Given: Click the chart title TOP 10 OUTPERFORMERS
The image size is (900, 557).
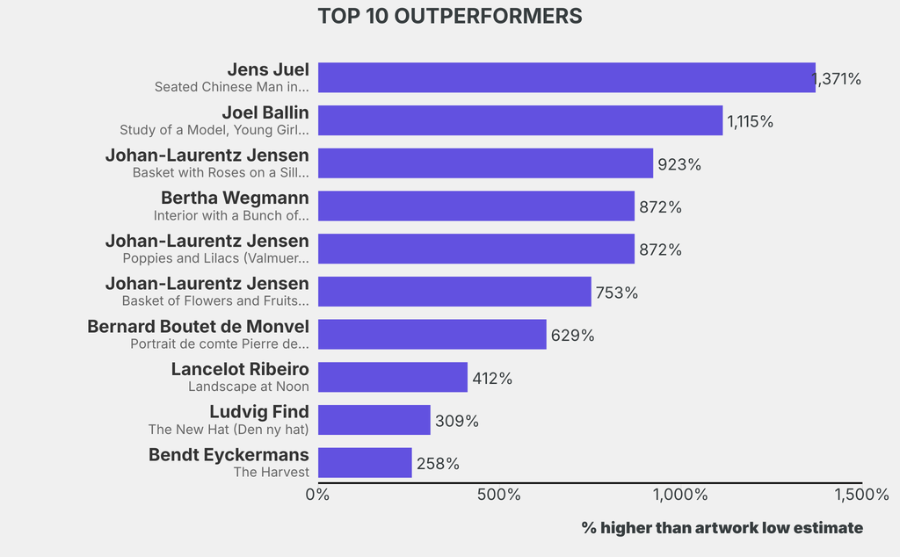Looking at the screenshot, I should [449, 17].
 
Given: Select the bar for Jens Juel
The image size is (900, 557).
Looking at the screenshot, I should [566, 77].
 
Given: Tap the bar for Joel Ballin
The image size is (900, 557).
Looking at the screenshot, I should [519, 120].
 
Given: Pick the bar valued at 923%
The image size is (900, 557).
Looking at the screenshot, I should [485, 163].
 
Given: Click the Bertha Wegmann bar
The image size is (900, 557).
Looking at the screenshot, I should [475, 206].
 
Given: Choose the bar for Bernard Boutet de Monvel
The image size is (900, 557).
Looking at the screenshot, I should [432, 335].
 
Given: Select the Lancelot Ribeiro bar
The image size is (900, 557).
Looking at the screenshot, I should [392, 378].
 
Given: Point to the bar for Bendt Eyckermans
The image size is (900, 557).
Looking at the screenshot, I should [365, 463].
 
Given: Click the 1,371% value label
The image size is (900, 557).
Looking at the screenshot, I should [837, 79].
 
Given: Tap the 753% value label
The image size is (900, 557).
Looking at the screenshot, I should [616, 293].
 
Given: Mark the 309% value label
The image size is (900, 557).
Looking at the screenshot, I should [456, 421].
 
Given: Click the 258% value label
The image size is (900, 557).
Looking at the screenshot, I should [438, 464].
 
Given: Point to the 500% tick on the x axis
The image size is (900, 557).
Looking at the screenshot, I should [498, 495].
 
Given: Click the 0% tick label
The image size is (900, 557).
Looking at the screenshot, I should [317, 495].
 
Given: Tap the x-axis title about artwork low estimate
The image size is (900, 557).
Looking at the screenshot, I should [722, 527].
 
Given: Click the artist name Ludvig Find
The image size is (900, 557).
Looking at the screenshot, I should [259, 411].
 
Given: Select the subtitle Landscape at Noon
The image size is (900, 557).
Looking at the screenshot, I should [249, 387].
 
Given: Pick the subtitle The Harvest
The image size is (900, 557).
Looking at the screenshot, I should [271, 472].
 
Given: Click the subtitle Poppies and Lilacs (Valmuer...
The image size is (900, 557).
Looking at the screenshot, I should [216, 258].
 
